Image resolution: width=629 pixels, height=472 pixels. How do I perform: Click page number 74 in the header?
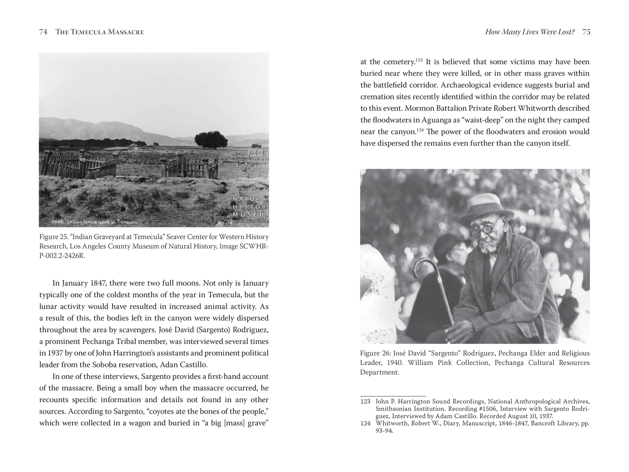tap(43, 32)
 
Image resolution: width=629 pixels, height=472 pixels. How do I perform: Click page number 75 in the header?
tap(586, 32)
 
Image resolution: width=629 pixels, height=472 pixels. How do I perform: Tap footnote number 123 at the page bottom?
tap(365, 402)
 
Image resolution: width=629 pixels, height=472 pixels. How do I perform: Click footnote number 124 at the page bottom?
tap(365, 424)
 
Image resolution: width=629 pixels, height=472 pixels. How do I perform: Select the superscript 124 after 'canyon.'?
tap(420, 130)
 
